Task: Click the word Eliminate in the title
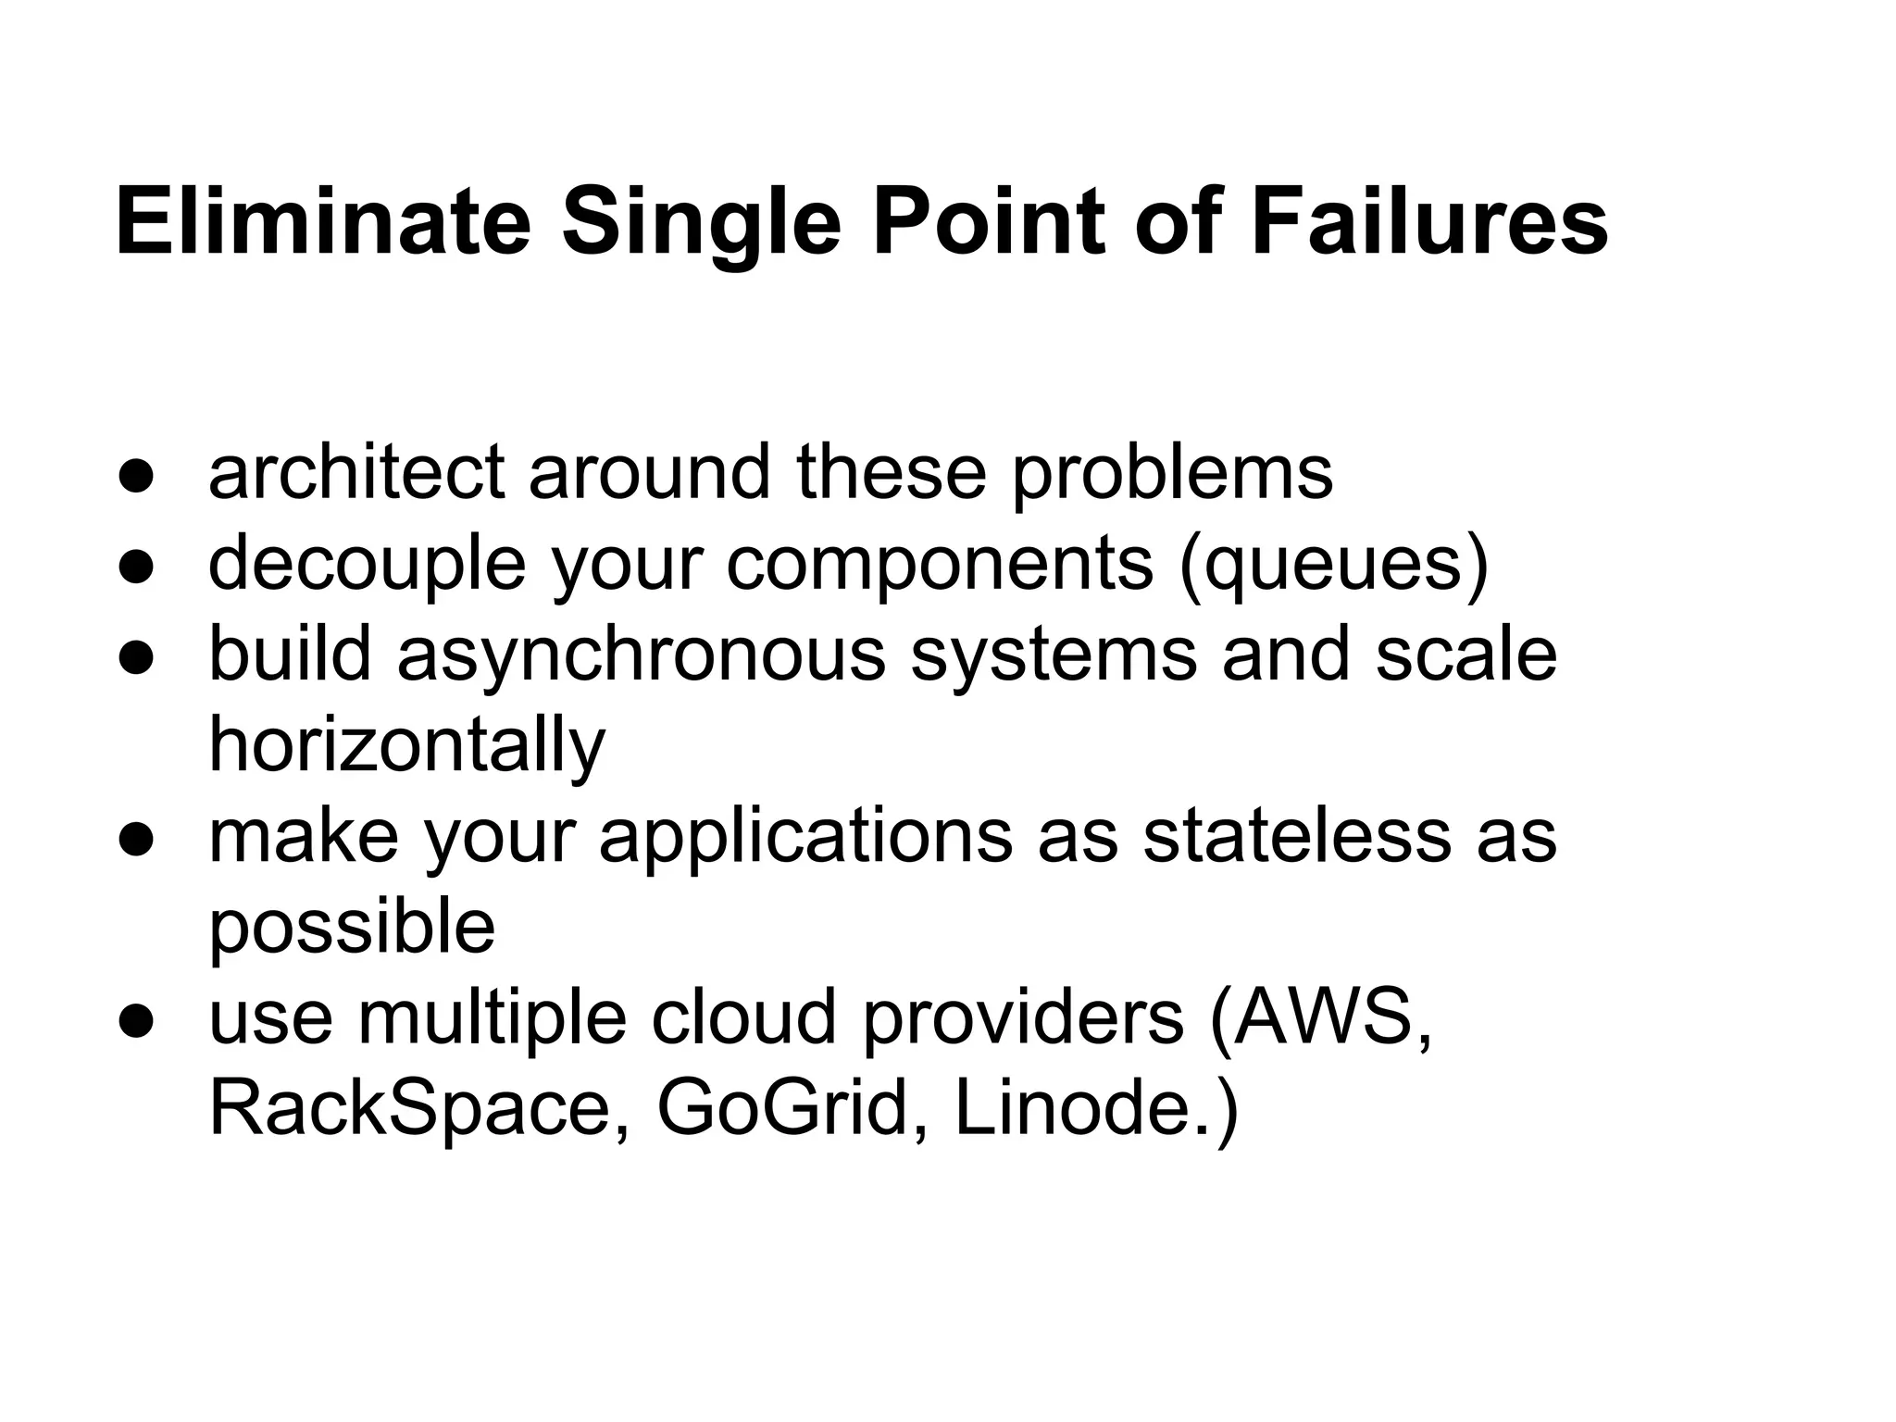323,223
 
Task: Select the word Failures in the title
1429,223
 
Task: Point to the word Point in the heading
989,223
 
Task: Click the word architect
356,471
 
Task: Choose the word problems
1171,471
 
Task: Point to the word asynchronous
642,654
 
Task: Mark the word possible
352,926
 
